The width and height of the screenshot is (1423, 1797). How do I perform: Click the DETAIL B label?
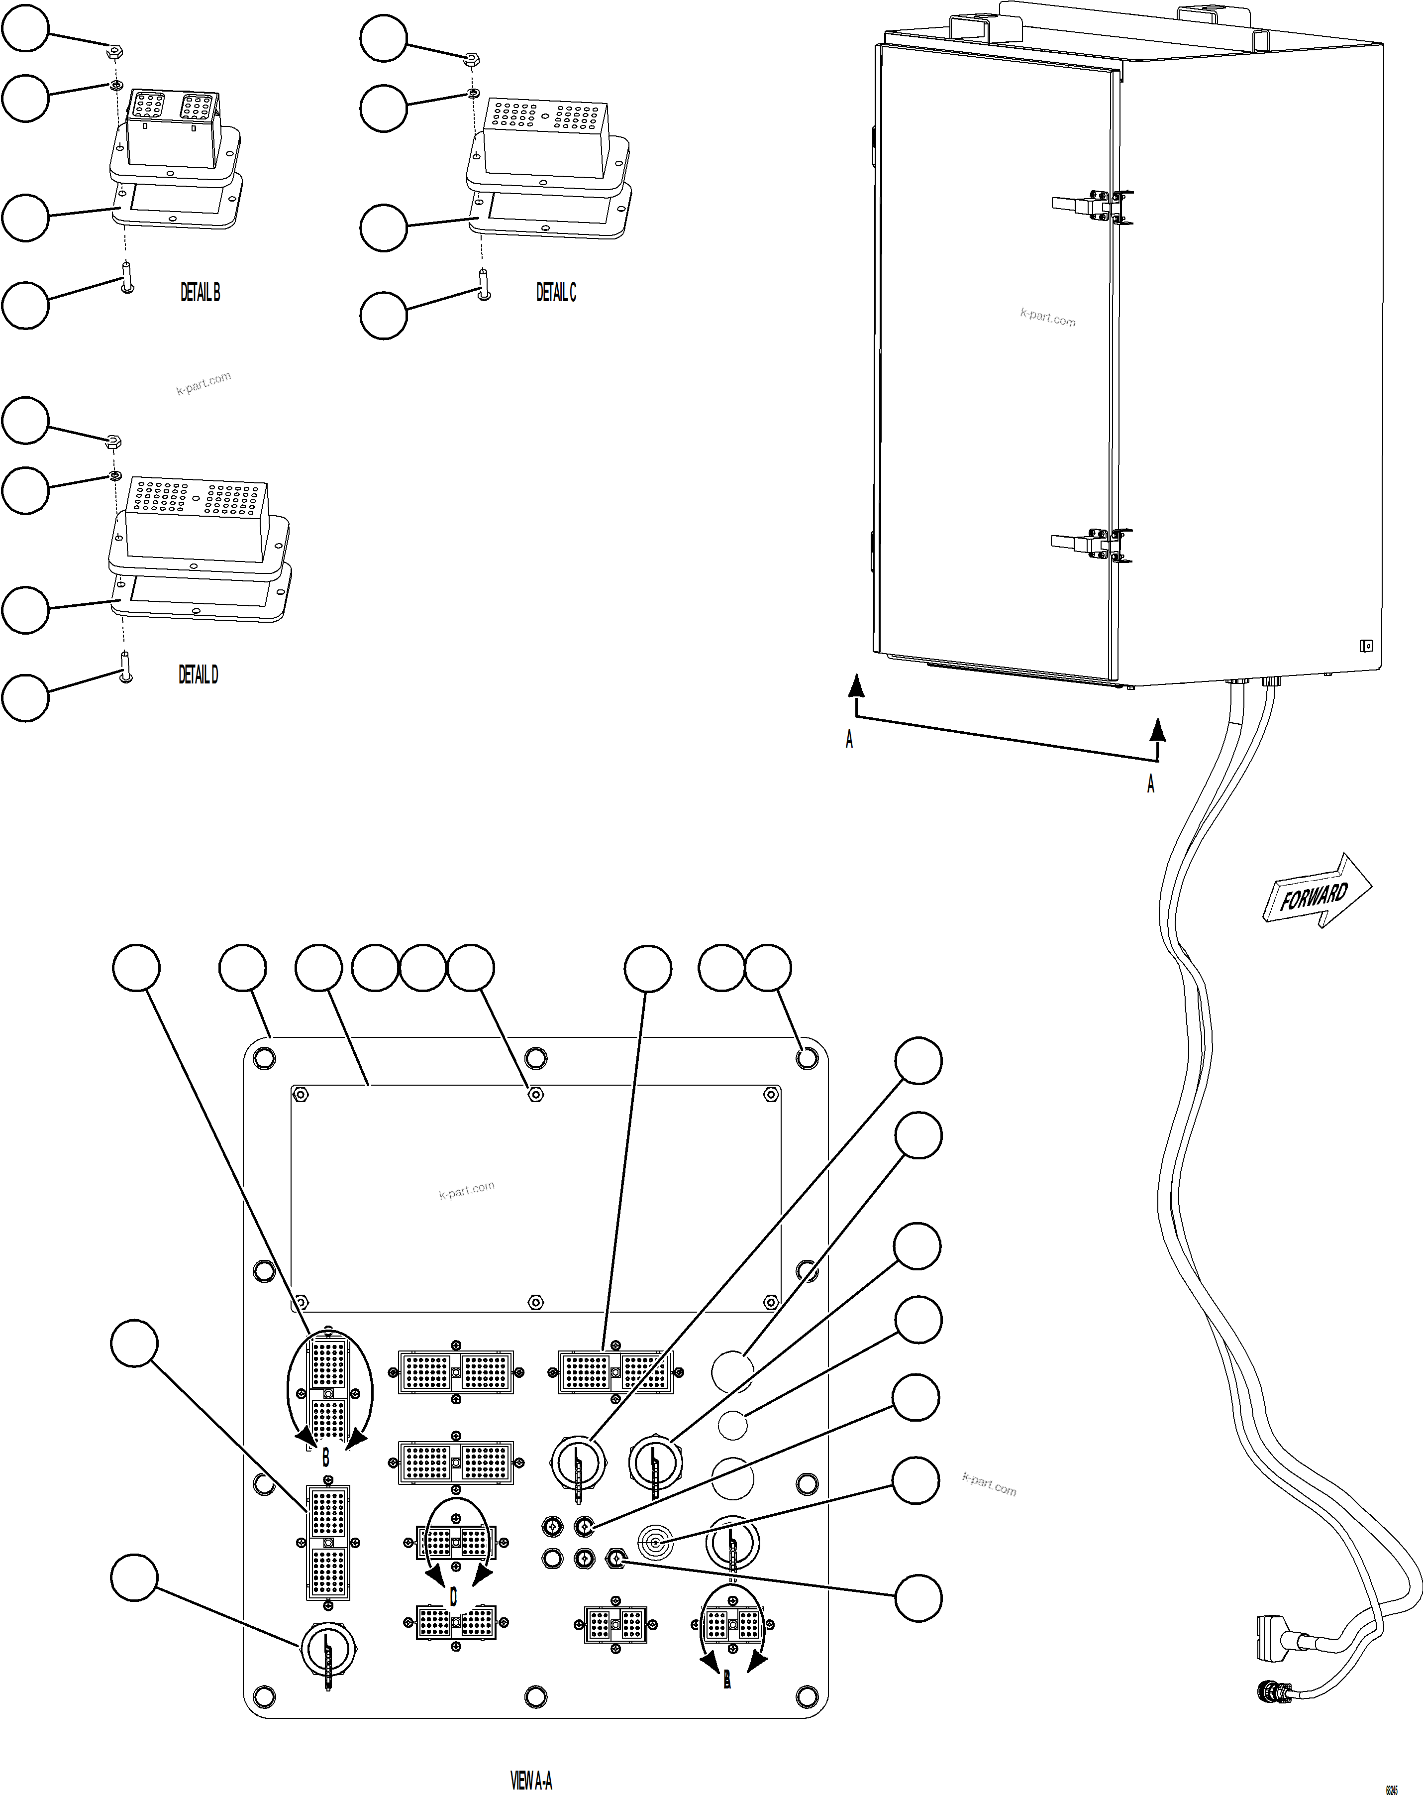[x=200, y=293]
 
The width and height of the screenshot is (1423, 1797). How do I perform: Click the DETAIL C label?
[x=556, y=293]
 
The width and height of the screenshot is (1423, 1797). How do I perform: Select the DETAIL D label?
[x=199, y=674]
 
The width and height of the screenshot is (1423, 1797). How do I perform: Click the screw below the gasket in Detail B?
[x=127, y=277]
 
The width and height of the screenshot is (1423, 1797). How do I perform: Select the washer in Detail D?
[x=115, y=476]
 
